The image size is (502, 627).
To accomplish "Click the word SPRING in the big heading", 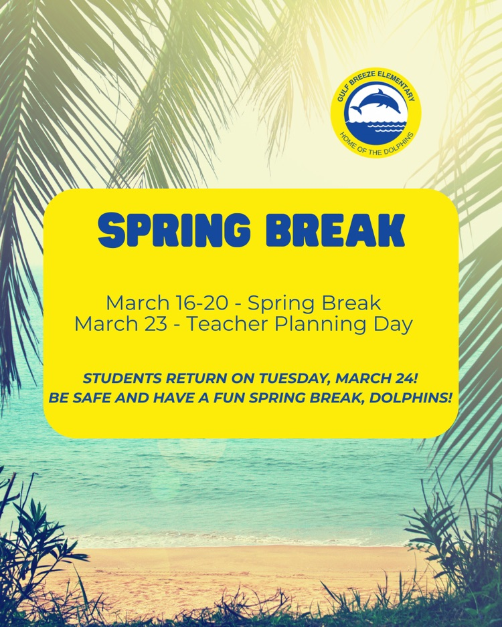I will point(174,231).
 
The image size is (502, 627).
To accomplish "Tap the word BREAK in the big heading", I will point(335,231).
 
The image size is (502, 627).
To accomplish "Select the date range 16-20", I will point(203,303).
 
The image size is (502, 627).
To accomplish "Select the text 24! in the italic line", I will point(406,378).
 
